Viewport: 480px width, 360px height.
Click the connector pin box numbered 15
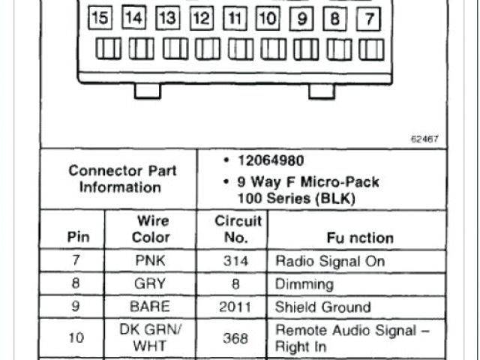coord(100,17)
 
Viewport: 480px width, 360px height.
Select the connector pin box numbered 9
coord(302,17)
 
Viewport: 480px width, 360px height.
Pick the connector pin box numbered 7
coord(369,17)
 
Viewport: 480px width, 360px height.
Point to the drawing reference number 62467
coord(424,139)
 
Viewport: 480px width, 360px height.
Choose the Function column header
coord(360,238)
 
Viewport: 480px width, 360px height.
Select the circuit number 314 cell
coord(235,262)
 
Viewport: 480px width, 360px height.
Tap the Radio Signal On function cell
coord(330,262)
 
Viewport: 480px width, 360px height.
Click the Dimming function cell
coord(304,284)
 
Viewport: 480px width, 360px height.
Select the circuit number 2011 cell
coord(235,307)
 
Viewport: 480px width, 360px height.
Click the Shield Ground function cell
coord(323,307)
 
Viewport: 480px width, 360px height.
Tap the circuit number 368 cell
coord(235,338)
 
